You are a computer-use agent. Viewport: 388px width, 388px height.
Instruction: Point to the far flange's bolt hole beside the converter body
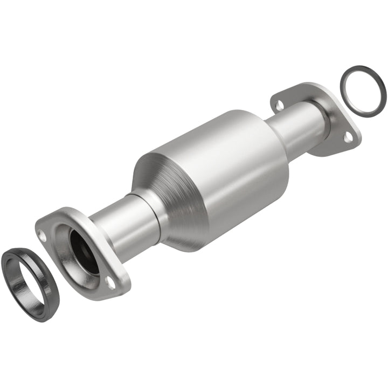280,105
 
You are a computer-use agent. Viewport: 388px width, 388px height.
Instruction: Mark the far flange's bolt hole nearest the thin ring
348,138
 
